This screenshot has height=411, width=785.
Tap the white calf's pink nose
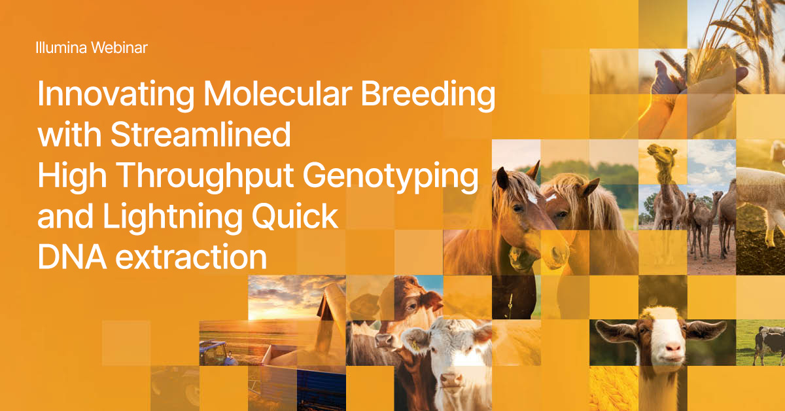451,380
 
